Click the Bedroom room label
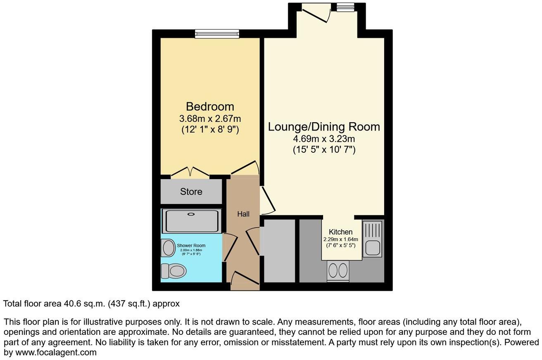210,107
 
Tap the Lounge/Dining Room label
324,126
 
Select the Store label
191,192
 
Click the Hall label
243,214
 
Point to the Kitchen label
340,232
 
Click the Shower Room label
191,245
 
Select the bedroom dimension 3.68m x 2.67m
210,118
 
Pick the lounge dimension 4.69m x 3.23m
324,138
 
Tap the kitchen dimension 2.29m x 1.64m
340,239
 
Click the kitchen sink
373,240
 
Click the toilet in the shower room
174,271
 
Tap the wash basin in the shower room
168,248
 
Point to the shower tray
191,221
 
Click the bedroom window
217,34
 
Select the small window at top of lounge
345,7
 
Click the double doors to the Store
190,172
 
